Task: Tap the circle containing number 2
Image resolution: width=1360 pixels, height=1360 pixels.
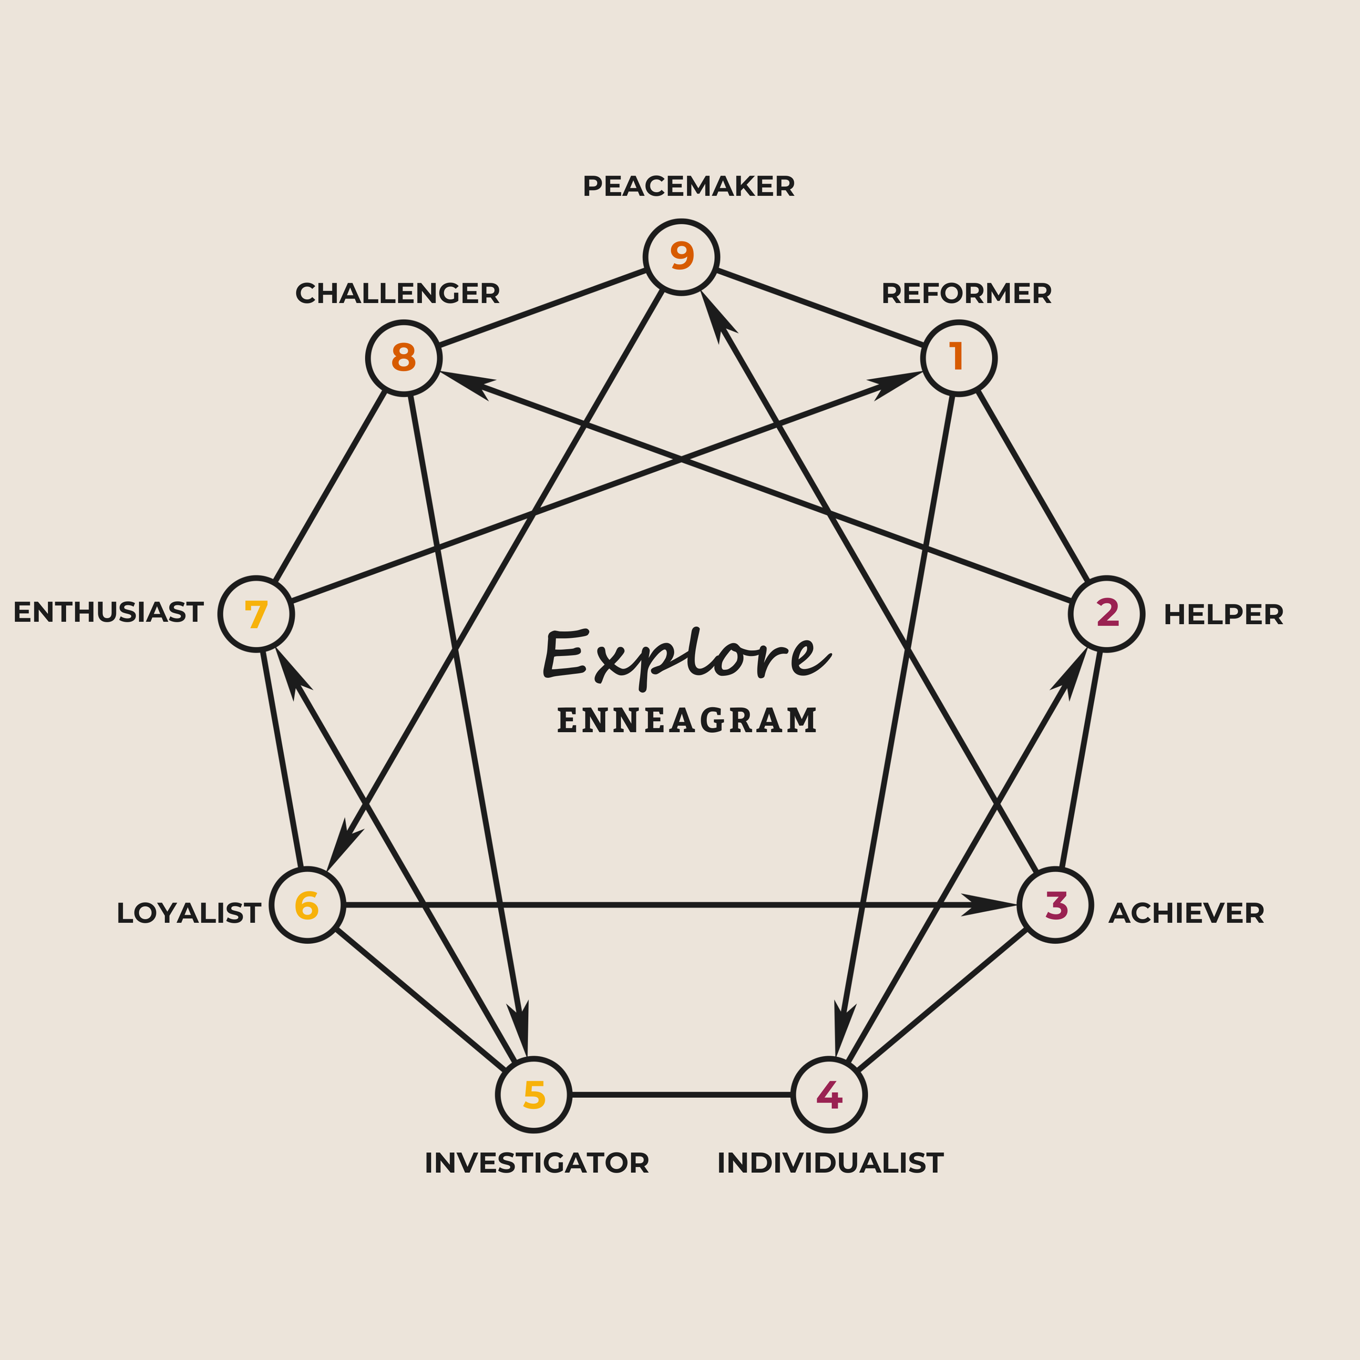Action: (1106, 614)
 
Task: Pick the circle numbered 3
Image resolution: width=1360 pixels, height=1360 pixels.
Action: (1055, 905)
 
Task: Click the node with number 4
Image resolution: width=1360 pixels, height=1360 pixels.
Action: (829, 1095)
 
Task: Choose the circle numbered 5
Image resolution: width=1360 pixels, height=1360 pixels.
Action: (534, 1095)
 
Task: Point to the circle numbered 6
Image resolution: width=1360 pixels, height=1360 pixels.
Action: (307, 905)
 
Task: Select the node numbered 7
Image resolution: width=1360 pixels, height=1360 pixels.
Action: (256, 614)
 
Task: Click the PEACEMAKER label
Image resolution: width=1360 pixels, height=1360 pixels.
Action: (689, 187)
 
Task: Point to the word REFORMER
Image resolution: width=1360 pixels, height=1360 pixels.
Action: (967, 294)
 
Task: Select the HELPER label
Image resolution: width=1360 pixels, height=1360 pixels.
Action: (1223, 615)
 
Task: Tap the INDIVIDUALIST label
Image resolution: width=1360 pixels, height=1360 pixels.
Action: (830, 1164)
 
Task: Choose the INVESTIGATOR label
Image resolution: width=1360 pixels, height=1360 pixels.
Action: (536, 1164)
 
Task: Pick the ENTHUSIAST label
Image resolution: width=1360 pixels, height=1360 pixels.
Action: (108, 613)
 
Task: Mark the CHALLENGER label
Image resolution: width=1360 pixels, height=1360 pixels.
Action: (397, 294)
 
